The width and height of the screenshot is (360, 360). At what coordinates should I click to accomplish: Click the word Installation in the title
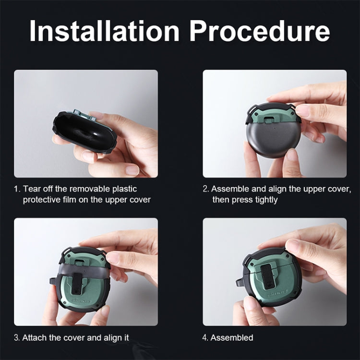tap(104, 31)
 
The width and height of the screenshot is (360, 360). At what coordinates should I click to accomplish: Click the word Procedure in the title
tap(259, 31)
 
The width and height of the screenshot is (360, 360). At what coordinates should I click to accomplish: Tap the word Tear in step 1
tap(32, 189)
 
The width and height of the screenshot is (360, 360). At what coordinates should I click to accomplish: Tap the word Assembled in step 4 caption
tap(232, 338)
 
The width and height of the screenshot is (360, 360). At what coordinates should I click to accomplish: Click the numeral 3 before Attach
tap(16, 338)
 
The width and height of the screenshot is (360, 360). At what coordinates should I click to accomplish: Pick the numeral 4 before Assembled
tap(205, 338)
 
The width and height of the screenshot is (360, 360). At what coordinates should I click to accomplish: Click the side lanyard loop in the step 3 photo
tap(53, 281)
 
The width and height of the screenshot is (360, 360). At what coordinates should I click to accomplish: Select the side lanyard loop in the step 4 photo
tap(240, 282)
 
